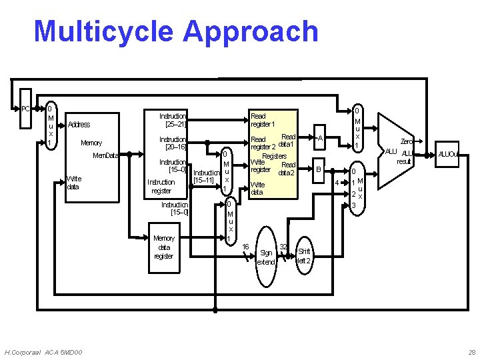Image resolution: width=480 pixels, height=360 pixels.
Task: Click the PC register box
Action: [x=25, y=109]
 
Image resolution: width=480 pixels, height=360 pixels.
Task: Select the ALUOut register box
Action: [x=448, y=155]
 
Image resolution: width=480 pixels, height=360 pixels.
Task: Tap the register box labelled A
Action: [x=320, y=139]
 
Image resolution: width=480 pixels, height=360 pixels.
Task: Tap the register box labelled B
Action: [x=319, y=171]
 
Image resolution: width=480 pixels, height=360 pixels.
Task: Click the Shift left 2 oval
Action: [x=303, y=256]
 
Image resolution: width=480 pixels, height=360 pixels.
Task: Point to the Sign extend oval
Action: [x=266, y=257]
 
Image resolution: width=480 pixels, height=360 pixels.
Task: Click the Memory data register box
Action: [x=164, y=247]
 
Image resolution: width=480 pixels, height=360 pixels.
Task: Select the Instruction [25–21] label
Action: [x=173, y=120]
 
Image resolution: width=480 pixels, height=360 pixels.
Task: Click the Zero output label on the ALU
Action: [x=406, y=141]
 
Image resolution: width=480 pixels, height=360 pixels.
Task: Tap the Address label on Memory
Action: [x=79, y=125]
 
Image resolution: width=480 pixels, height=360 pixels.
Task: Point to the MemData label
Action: [x=105, y=155]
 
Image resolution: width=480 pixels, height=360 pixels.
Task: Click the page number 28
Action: [x=472, y=351]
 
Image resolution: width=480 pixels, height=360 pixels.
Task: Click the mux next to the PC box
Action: [x=51, y=125]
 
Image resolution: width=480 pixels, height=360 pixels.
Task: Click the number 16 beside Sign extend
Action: [x=245, y=247]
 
